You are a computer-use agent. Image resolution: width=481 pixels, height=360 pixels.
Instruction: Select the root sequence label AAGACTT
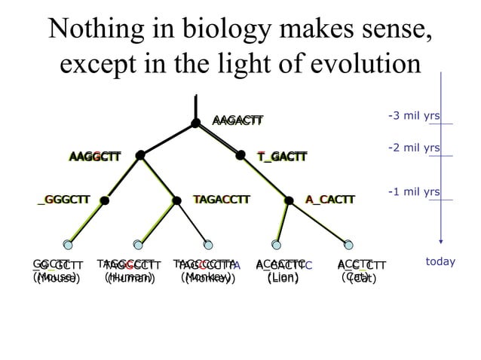click(x=237, y=121)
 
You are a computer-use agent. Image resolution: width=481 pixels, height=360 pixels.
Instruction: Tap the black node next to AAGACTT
click(x=195, y=122)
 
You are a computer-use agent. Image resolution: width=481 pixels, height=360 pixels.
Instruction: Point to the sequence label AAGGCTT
click(x=94, y=157)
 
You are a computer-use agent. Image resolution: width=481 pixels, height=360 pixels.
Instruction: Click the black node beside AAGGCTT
click(x=140, y=156)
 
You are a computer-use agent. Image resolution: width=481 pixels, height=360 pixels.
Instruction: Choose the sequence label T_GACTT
click(x=282, y=157)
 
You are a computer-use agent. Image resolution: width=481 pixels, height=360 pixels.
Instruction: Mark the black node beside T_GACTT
click(x=240, y=156)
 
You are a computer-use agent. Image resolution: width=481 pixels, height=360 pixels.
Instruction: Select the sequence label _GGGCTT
click(x=63, y=200)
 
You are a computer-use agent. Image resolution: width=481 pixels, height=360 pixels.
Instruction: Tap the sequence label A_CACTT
click(x=329, y=200)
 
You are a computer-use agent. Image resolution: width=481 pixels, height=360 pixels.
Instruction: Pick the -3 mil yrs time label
click(x=413, y=116)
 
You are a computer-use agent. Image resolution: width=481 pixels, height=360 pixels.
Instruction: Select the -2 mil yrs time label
click(x=413, y=148)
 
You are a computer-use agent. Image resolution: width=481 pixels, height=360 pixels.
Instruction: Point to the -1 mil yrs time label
click(x=413, y=193)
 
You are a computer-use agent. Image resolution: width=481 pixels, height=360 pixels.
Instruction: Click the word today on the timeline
click(x=440, y=262)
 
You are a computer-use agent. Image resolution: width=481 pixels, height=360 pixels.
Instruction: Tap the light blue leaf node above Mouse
click(x=68, y=243)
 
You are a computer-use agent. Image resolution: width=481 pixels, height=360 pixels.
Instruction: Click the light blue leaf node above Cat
click(x=347, y=243)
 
